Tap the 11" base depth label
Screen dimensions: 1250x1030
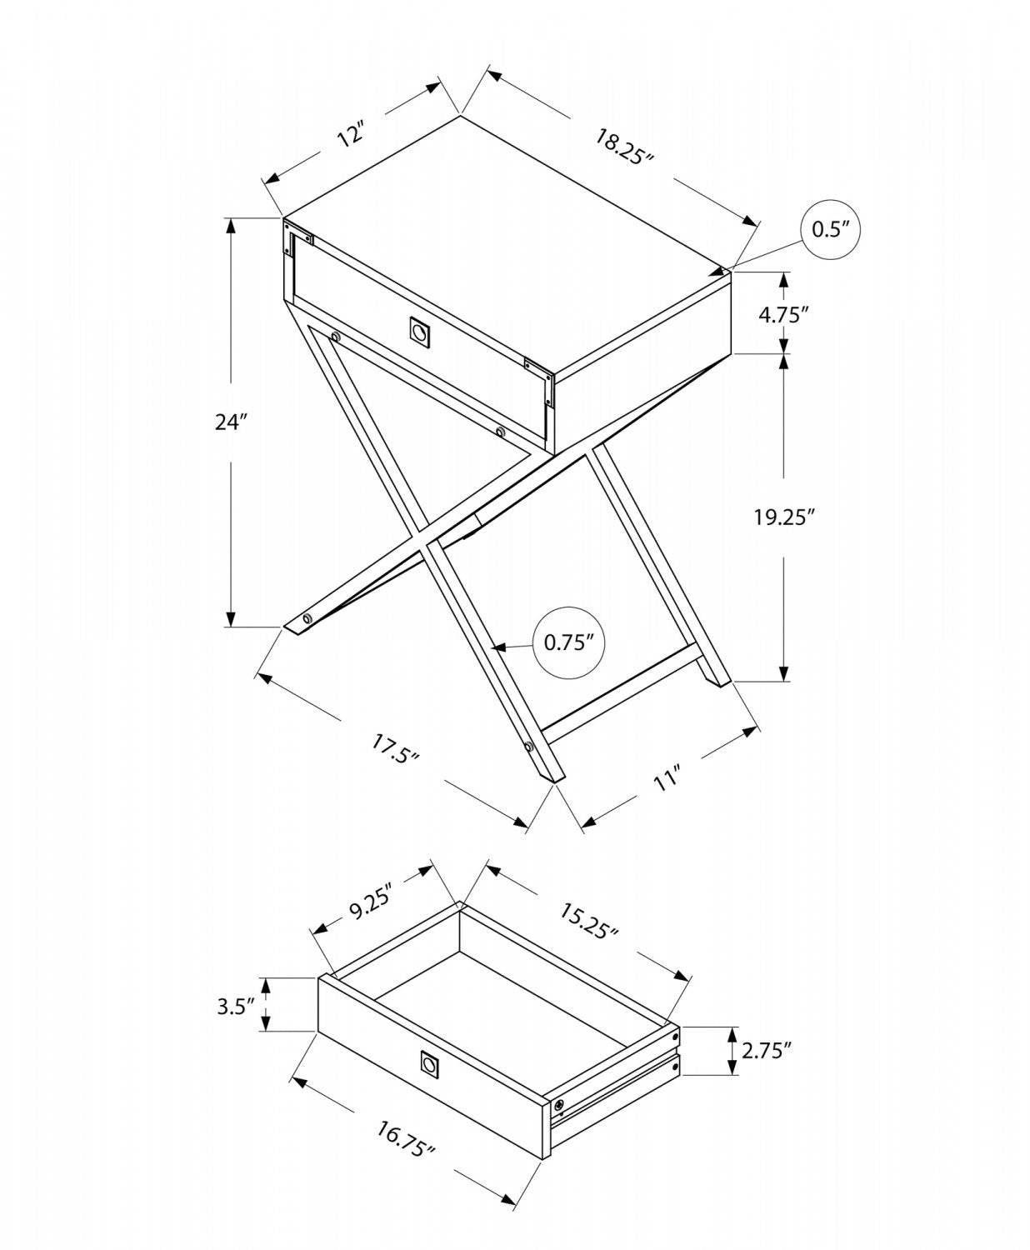click(666, 781)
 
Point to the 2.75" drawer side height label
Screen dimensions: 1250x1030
click(765, 1051)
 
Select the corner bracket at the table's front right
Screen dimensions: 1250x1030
click(540, 381)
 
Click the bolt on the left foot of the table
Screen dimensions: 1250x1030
click(307, 618)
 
